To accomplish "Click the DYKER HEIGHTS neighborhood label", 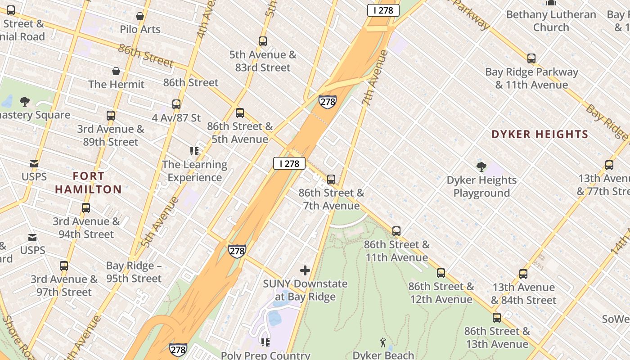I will coord(540,134).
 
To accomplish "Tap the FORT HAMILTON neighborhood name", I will coord(89,182).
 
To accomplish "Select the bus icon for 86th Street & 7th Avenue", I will coord(331,180).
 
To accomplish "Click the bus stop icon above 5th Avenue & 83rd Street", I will coord(263,41).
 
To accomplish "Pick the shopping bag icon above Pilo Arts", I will coord(140,16).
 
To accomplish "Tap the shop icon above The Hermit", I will coord(116,71).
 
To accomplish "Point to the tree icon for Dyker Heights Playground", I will coord(481,167).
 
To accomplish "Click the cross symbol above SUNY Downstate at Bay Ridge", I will coord(305,270).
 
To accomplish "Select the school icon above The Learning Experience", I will coord(194,151).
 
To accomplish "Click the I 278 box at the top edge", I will coord(383,10).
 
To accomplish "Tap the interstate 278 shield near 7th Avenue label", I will coord(327,102).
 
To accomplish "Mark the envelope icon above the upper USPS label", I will coord(34,164).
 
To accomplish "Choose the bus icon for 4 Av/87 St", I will coord(176,104).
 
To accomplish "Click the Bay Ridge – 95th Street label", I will coord(134,272).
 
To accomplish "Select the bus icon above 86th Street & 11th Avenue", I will coord(396,231).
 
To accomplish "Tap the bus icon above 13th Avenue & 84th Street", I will coord(523,274).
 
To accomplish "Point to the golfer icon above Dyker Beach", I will coord(383,342).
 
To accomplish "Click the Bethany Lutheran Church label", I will coord(551,21).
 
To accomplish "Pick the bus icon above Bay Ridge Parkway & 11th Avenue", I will coord(531,58).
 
